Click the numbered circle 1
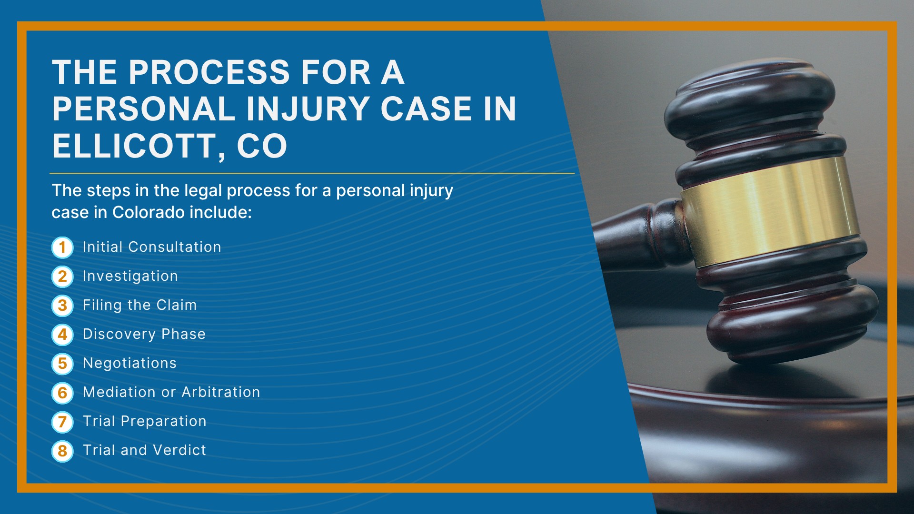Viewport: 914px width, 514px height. point(62,247)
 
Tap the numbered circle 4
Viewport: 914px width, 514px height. point(62,335)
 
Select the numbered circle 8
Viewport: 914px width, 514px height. point(62,451)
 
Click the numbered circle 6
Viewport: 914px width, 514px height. point(62,393)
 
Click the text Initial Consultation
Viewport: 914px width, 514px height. point(152,247)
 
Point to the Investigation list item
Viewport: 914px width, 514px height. point(130,277)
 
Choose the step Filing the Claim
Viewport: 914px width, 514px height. point(140,305)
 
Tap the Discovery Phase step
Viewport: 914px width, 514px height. point(144,334)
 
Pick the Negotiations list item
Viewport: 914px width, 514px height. point(129,363)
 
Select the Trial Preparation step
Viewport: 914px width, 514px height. point(145,421)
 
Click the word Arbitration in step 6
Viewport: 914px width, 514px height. point(221,392)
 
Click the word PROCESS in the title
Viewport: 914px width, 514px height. point(209,73)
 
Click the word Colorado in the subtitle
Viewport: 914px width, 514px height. point(149,212)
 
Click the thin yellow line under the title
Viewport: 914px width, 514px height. point(312,173)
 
